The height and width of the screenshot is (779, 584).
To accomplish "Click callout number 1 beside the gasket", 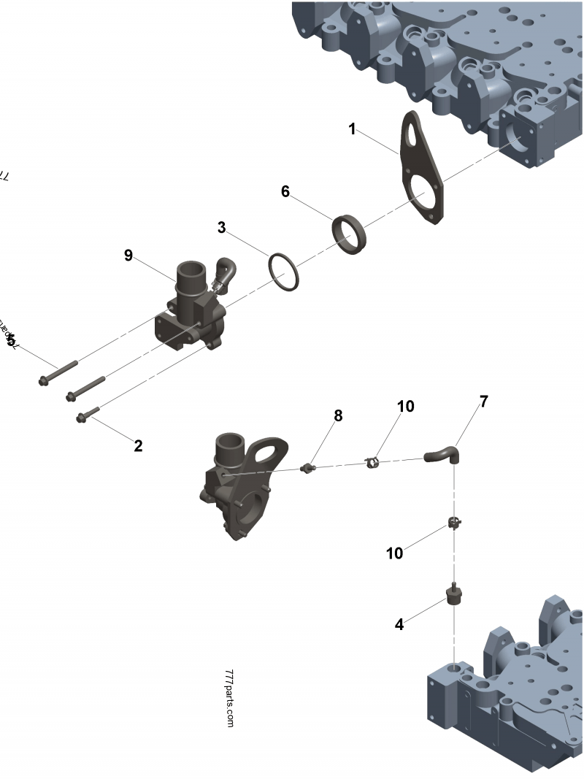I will [352, 129].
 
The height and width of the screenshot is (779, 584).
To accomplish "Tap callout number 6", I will [285, 191].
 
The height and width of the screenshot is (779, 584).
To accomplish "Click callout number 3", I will [221, 227].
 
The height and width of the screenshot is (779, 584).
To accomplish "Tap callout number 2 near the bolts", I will [138, 445].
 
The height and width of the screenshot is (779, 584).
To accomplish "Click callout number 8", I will [338, 415].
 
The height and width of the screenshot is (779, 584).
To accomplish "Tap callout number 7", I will [484, 401].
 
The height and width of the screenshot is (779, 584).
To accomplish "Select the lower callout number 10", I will [394, 553].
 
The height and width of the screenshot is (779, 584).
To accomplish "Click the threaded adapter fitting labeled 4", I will [453, 595].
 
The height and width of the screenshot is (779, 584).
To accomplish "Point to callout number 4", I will [399, 624].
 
